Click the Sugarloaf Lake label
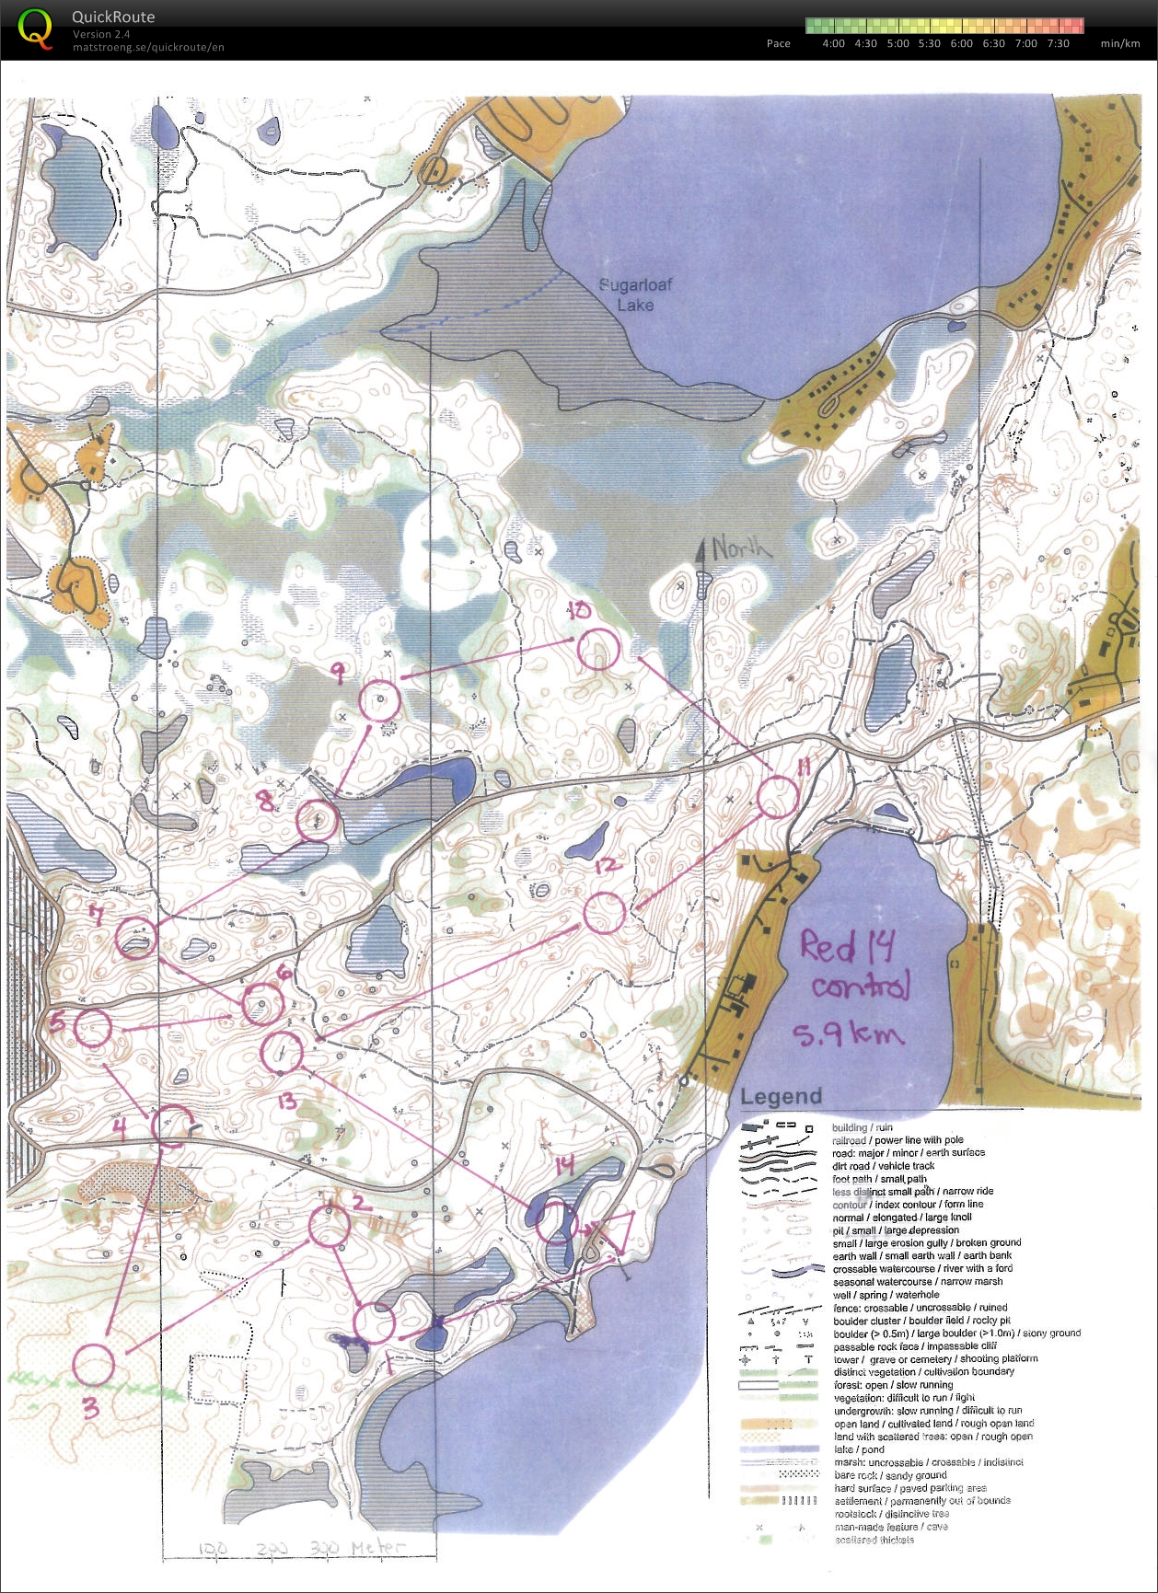pyautogui.click(x=635, y=294)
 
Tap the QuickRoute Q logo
pyautogui.click(x=35, y=29)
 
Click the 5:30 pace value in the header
pyautogui.click(x=929, y=43)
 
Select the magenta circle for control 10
pyautogui.click(x=598, y=649)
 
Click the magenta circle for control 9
pyautogui.click(x=379, y=701)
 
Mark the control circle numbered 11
pyautogui.click(x=778, y=796)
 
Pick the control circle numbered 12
pyautogui.click(x=605, y=912)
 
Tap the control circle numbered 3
pyautogui.click(x=93, y=1365)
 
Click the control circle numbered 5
pyautogui.click(x=93, y=1028)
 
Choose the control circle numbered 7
pyautogui.click(x=136, y=938)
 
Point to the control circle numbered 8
pyautogui.click(x=317, y=819)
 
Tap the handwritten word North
pyautogui.click(x=741, y=549)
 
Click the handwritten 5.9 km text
pyautogui.click(x=848, y=1034)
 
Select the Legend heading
pyautogui.click(x=781, y=1096)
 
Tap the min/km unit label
pyautogui.click(x=1119, y=43)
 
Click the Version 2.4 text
pyautogui.click(x=101, y=34)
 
